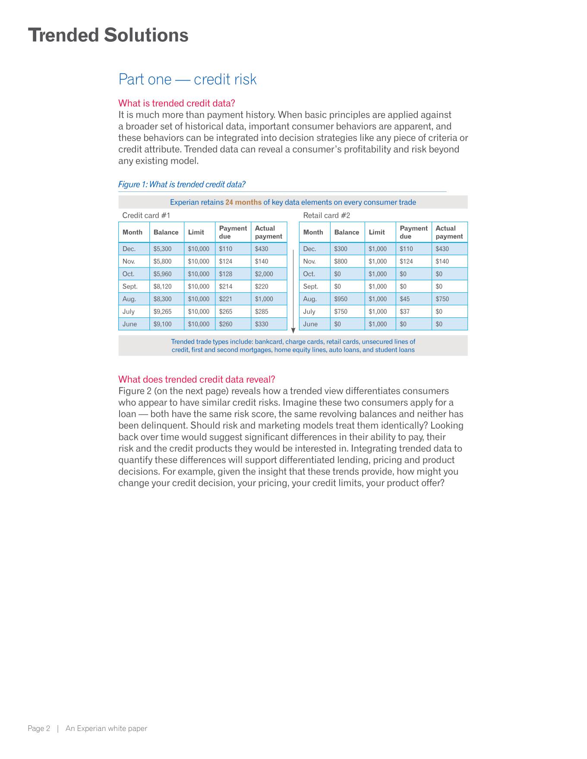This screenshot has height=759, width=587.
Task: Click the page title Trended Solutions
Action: (108, 35)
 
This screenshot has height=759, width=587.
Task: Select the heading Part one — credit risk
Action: (187, 79)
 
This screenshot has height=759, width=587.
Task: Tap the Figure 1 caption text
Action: (182, 185)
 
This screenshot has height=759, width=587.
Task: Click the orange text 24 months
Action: (243, 202)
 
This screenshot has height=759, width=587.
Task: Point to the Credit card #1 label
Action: (146, 216)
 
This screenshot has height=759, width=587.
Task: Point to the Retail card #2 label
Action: (327, 216)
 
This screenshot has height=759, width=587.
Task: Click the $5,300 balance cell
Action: (162, 249)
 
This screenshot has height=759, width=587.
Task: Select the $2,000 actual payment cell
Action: (264, 274)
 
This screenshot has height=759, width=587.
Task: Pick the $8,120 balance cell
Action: (162, 286)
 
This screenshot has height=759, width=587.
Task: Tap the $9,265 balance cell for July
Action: (162, 311)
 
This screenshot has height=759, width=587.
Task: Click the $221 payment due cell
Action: (226, 299)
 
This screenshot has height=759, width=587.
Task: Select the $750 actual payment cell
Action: (442, 299)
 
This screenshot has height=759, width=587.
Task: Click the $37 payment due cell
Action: (404, 311)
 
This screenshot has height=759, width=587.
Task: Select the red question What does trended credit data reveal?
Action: (196, 379)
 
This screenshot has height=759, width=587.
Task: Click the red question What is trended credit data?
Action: (177, 103)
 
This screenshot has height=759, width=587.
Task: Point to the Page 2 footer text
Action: (39, 729)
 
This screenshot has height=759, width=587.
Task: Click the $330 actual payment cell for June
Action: (262, 324)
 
